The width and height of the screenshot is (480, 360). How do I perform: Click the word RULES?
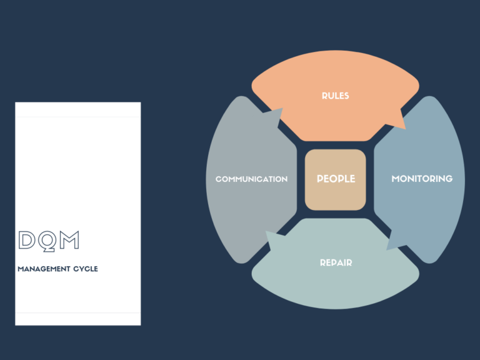335,96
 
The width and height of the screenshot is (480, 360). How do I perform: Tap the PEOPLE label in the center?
336,179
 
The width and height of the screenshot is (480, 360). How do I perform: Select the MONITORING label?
422,179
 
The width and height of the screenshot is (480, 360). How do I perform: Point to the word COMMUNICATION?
251,179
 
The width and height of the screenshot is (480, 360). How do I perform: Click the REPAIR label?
336,262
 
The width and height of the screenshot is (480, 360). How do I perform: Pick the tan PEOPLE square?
335,180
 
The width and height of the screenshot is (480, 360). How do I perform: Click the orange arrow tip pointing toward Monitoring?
405,129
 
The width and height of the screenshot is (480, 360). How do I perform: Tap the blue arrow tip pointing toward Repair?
387,250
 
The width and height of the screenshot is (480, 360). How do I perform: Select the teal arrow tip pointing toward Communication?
266,231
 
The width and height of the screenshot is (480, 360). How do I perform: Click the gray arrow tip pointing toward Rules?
282,108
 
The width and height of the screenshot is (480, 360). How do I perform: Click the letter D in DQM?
27,240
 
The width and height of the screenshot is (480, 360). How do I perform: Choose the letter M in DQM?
69,240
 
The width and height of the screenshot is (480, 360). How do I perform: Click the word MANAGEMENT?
44,269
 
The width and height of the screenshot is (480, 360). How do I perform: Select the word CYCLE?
86,269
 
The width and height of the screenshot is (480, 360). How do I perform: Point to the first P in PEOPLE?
320,179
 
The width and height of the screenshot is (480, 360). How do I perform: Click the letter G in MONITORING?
449,179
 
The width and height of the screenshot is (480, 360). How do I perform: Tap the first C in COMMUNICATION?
219,179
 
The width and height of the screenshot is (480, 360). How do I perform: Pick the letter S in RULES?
346,96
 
